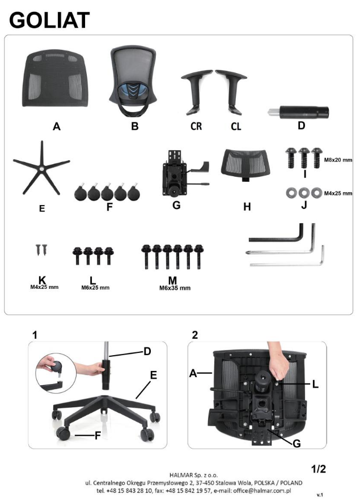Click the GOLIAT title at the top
pyautogui.click(x=49, y=20)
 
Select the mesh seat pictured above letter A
pyautogui.click(x=54, y=78)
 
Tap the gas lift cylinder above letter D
pyautogui.click(x=298, y=112)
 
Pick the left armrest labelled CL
pyautogui.click(x=231, y=91)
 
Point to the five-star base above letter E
pyautogui.click(x=41, y=168)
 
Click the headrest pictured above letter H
pyautogui.click(x=245, y=165)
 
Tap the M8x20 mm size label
pyautogui.click(x=338, y=159)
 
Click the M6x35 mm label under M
pyautogui.click(x=175, y=288)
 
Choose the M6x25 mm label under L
pyautogui.click(x=95, y=287)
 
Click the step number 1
pyautogui.click(x=35, y=335)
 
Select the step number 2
pyautogui.click(x=194, y=335)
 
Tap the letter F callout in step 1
pyautogui.click(x=98, y=436)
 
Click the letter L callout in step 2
pyautogui.click(x=315, y=383)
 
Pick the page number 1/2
pyautogui.click(x=318, y=469)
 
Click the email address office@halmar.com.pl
pyautogui.click(x=262, y=491)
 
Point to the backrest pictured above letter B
pyautogui.click(x=133, y=82)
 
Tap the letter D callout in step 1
pyautogui.click(x=147, y=351)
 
